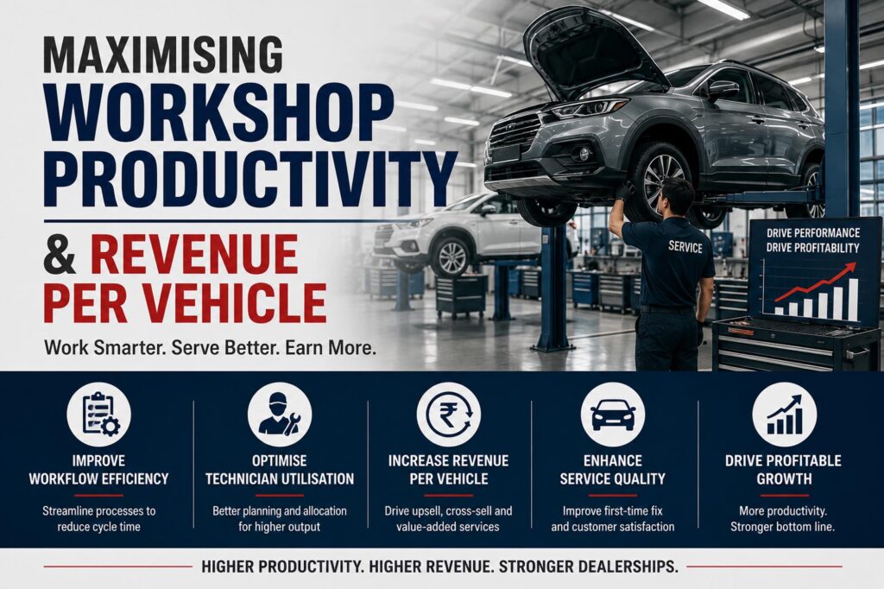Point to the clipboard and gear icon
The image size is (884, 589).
point(98,415)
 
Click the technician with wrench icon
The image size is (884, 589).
point(280,415)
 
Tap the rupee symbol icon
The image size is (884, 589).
point(449,415)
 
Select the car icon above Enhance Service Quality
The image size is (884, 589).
point(613,415)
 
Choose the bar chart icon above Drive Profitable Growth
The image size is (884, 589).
point(784,415)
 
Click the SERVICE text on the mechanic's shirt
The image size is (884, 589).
point(685,246)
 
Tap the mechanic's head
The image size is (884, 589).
point(675,199)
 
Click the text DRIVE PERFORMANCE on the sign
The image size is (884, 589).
point(813,232)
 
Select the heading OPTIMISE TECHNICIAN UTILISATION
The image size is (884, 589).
point(280,470)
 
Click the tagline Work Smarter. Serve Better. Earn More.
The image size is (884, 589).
point(210,347)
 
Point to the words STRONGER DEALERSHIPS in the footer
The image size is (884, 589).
point(588,566)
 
